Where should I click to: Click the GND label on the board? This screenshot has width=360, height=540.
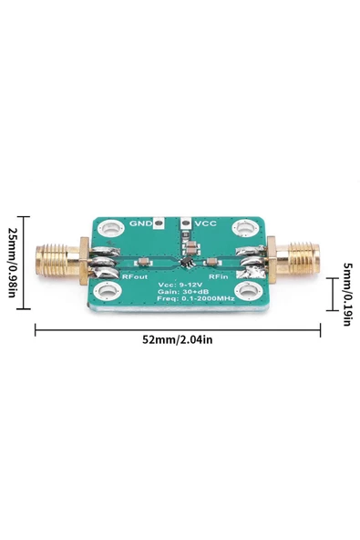tap(140, 223)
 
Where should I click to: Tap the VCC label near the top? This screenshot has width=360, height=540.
tap(207, 223)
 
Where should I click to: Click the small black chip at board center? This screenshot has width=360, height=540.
tap(185, 262)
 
